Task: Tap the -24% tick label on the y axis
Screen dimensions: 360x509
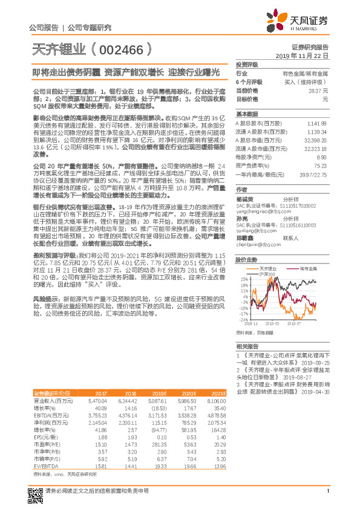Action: [x=243, y=320]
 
